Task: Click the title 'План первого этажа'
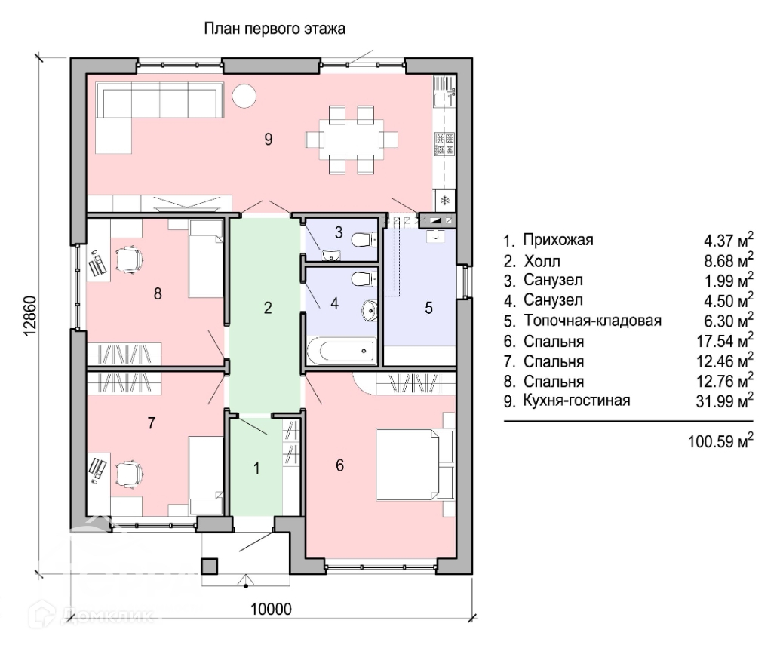[x=274, y=29]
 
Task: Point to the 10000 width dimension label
[x=271, y=609]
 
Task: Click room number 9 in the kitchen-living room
[x=268, y=140]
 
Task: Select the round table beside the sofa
[x=244, y=95]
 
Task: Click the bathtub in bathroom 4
[x=342, y=350]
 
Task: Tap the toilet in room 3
[x=364, y=241]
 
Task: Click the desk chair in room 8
[x=130, y=260]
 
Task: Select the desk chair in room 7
[x=130, y=473]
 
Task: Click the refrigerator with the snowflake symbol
[x=444, y=201]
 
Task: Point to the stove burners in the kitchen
[x=444, y=143]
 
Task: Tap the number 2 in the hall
[x=268, y=308]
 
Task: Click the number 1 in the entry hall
[x=256, y=468]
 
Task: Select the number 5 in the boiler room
[x=428, y=308]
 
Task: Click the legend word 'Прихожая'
[x=558, y=240]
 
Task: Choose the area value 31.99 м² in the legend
[x=725, y=401]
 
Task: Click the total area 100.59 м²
[x=720, y=441]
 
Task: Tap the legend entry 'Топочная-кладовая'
[x=593, y=321]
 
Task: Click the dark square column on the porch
[x=209, y=566]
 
